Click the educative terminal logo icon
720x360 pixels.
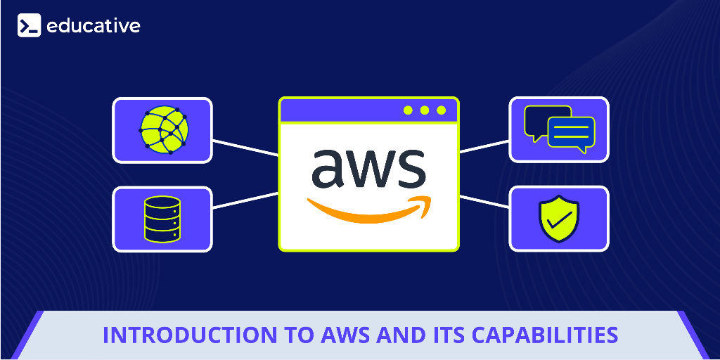29,26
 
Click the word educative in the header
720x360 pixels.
94,26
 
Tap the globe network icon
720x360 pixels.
164,130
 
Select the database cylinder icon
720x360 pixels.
162,219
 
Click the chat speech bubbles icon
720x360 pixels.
559,129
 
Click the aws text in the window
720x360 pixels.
368,167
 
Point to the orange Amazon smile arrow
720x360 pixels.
368,209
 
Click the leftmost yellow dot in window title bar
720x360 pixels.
408,110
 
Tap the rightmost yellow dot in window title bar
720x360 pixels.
442,110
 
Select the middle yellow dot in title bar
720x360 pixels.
425,110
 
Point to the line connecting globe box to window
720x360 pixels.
245,148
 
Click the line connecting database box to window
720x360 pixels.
245,200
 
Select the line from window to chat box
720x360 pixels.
484,146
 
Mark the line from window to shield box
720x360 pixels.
484,200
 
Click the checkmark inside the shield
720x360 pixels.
558,220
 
